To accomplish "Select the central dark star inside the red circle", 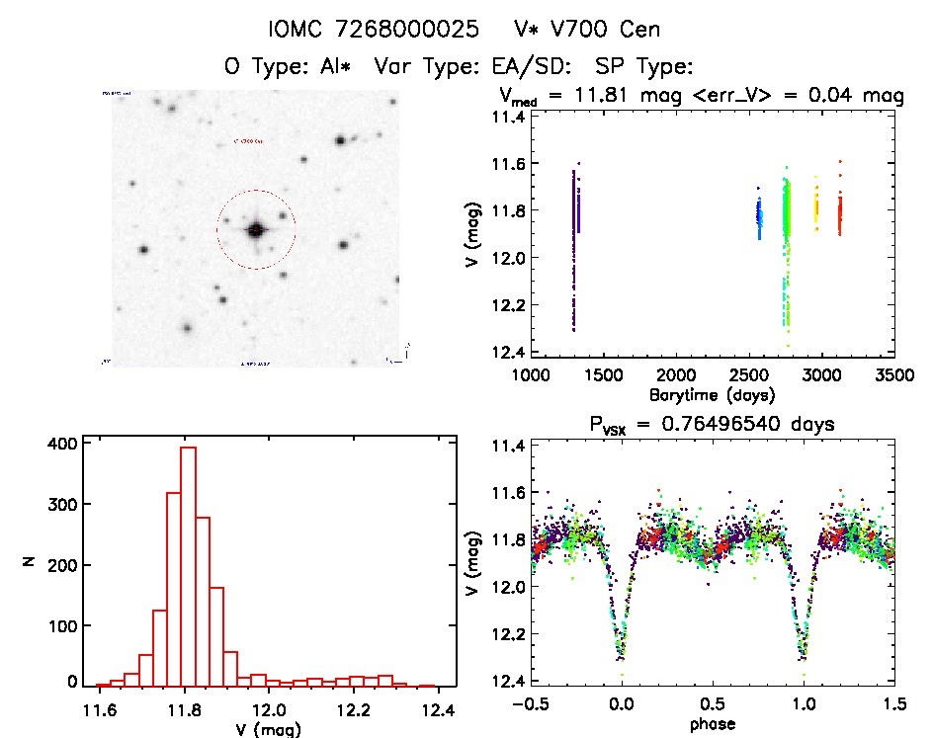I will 256,230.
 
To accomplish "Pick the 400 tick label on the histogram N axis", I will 60,444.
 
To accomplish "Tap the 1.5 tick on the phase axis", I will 894,704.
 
